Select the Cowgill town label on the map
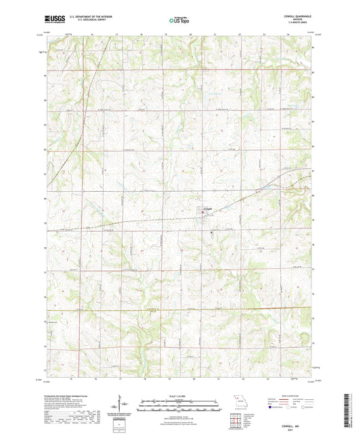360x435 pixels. tap(208, 207)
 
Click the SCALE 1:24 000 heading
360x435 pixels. tap(180, 396)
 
